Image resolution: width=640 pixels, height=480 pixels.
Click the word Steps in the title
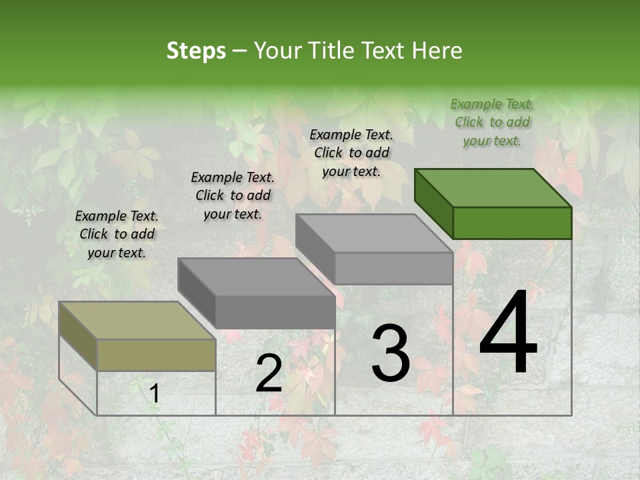pyautogui.click(x=196, y=51)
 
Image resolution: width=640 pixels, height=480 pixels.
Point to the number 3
pyautogui.click(x=391, y=353)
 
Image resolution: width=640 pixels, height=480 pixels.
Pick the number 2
pyautogui.click(x=269, y=373)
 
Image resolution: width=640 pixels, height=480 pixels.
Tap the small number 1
pyautogui.click(x=155, y=394)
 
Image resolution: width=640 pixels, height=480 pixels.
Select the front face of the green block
pyautogui.click(x=512, y=223)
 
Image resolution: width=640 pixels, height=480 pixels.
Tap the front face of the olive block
pyautogui.click(x=156, y=355)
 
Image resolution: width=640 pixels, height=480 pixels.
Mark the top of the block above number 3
pyautogui.click(x=373, y=233)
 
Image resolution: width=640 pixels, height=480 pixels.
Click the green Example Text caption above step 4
pyautogui.click(x=492, y=122)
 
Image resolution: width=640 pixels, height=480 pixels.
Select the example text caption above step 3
pyautogui.click(x=351, y=153)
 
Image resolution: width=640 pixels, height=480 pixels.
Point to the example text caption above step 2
pyautogui.click(x=233, y=195)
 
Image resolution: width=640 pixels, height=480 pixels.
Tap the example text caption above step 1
pyautogui.click(x=117, y=234)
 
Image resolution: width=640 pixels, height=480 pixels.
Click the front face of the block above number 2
pyautogui.click(x=275, y=312)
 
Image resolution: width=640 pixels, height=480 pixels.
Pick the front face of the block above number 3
pyautogui.click(x=393, y=268)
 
